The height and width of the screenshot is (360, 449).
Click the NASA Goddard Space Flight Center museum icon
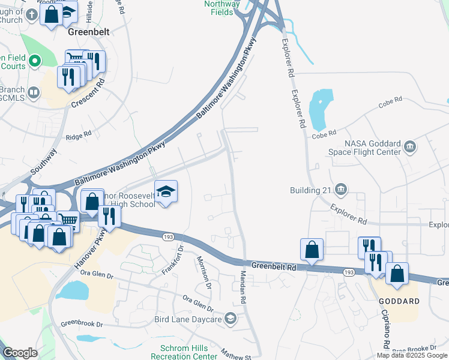click(411, 146)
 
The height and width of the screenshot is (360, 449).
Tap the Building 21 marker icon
click(340, 190)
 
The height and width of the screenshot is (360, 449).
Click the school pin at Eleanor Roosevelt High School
click(166, 193)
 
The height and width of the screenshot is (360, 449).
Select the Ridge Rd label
click(78, 136)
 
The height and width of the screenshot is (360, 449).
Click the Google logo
click(20, 353)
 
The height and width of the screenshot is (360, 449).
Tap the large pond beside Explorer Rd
click(320, 109)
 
